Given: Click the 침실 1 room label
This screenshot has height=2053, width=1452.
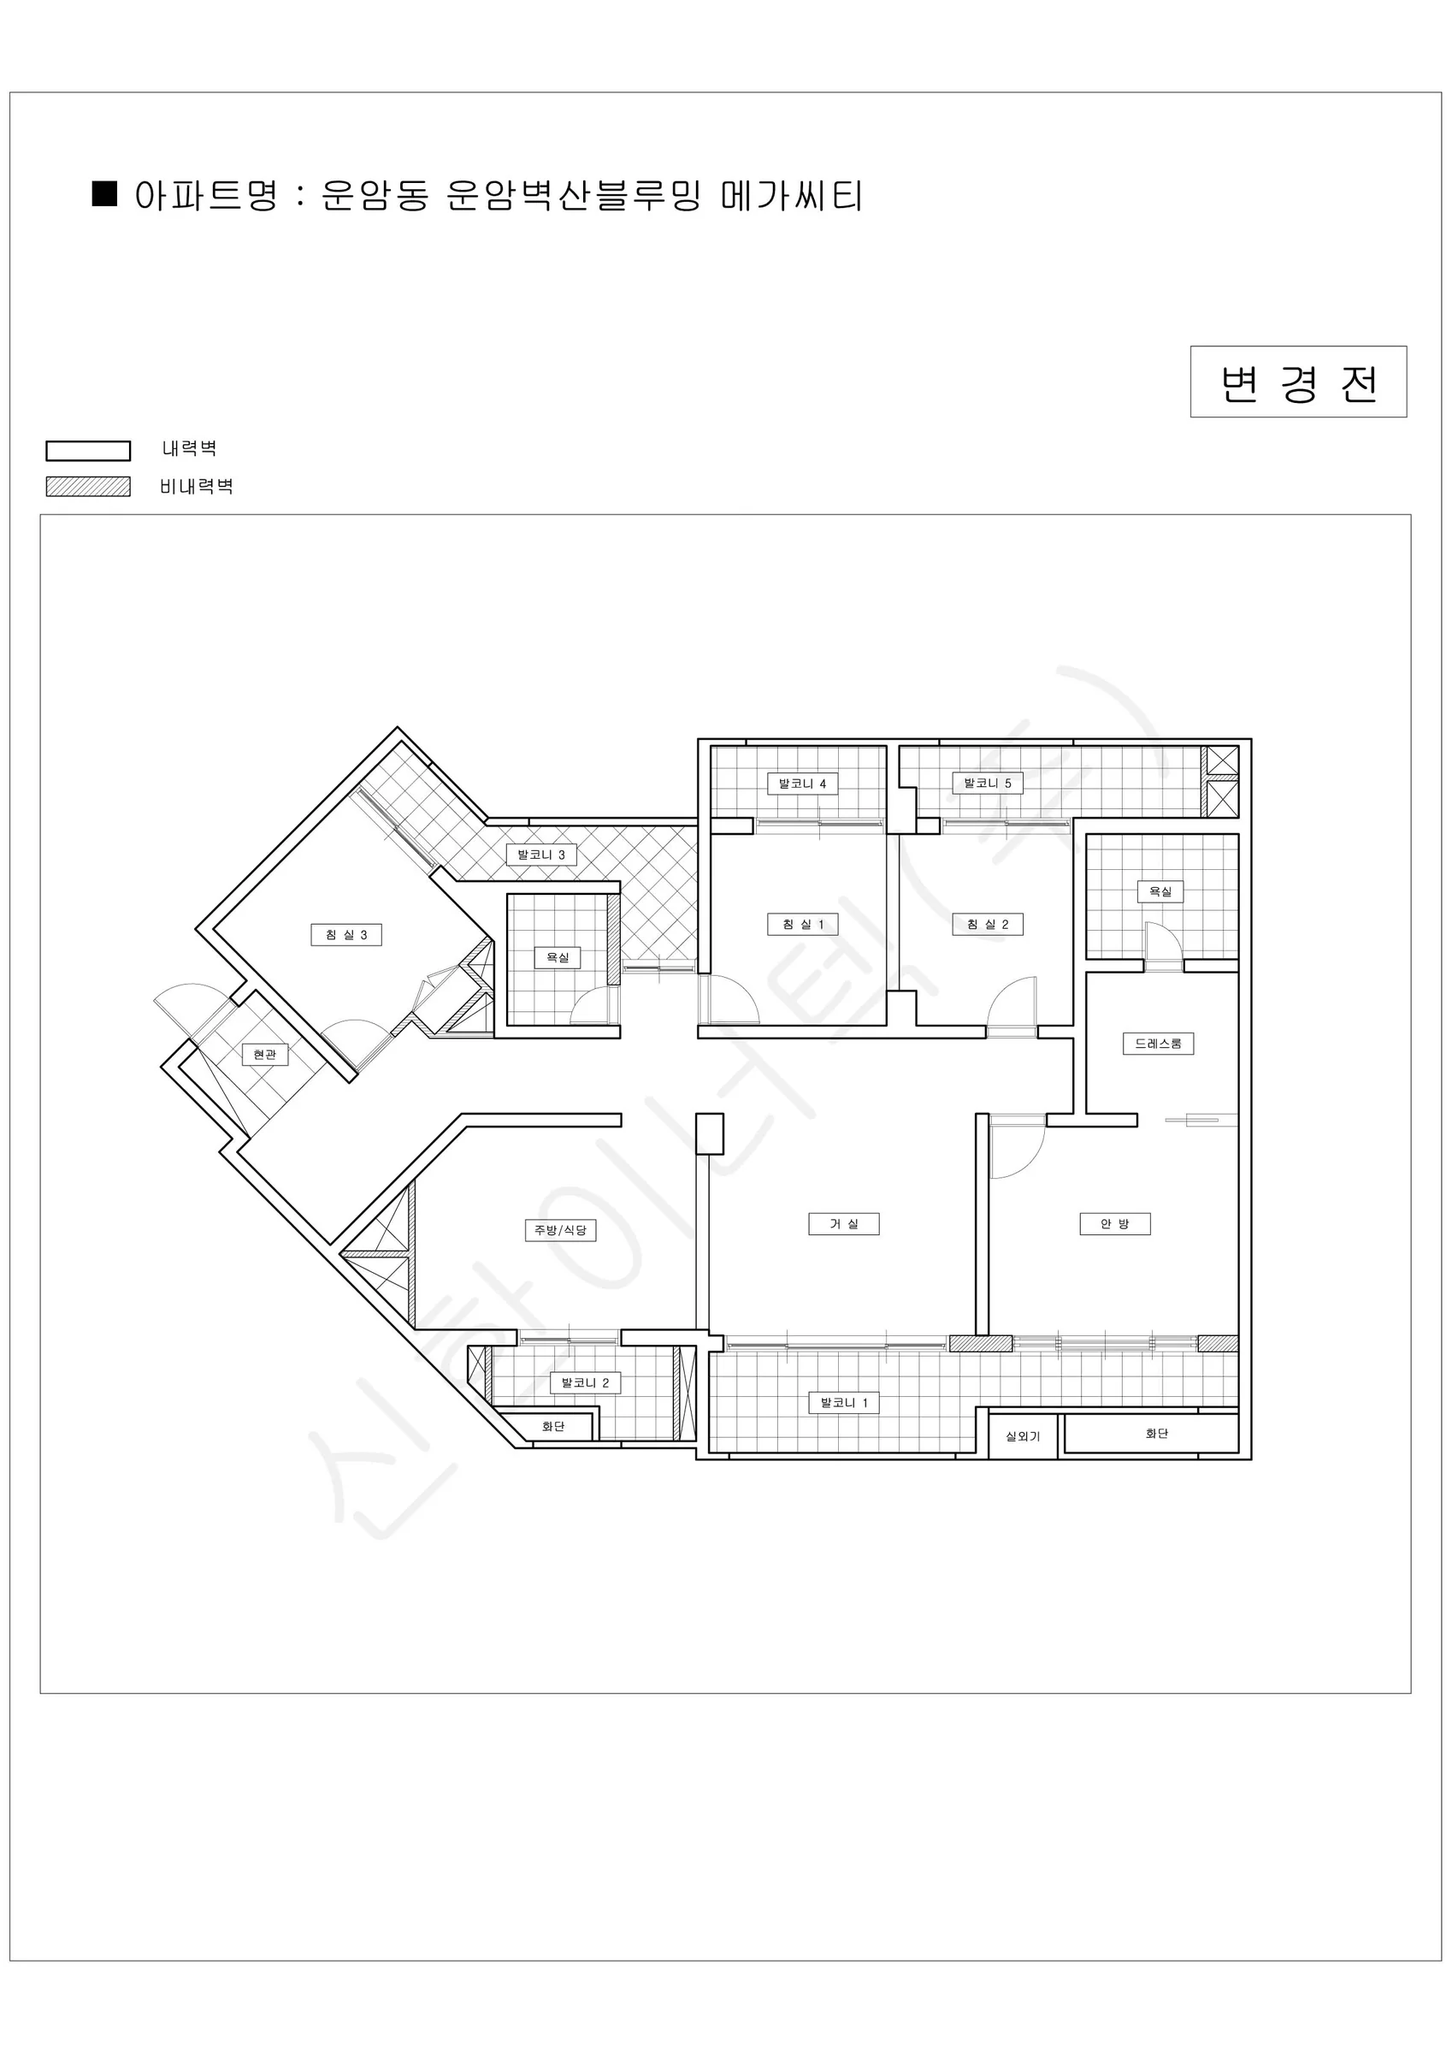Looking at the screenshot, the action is [803, 924].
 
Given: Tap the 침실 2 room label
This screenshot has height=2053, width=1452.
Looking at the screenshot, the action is [987, 924].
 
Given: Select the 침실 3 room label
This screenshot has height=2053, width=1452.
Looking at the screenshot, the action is [346, 934].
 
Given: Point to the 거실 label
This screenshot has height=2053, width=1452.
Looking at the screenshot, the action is [843, 1223].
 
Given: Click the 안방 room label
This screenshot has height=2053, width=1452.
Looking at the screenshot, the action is [1115, 1223].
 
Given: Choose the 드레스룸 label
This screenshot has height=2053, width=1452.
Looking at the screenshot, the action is [1158, 1044].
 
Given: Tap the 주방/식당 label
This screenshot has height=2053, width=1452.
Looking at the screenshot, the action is [560, 1229].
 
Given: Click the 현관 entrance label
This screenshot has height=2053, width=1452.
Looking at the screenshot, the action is [264, 1055].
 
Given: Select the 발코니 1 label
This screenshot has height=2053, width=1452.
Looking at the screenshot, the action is [843, 1402].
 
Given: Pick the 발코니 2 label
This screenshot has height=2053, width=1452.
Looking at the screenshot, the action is [585, 1382].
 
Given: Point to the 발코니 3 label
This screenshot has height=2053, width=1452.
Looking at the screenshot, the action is [541, 854].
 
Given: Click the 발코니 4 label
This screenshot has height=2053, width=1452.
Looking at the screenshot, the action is [802, 784].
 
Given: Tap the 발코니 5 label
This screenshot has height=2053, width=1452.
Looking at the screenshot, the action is [987, 784].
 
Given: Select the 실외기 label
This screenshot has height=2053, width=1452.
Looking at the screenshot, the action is [1023, 1437].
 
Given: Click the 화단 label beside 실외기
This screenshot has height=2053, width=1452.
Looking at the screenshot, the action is [1157, 1434].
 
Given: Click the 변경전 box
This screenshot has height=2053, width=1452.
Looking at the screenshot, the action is [1298, 382].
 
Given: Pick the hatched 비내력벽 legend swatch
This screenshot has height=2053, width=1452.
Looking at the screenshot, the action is [89, 487].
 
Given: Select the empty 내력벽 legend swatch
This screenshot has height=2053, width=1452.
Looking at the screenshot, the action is [89, 451].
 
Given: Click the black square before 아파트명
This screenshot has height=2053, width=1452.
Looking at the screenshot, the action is [104, 194].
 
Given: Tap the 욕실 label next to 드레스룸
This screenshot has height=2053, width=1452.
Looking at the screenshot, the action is [1160, 890].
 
